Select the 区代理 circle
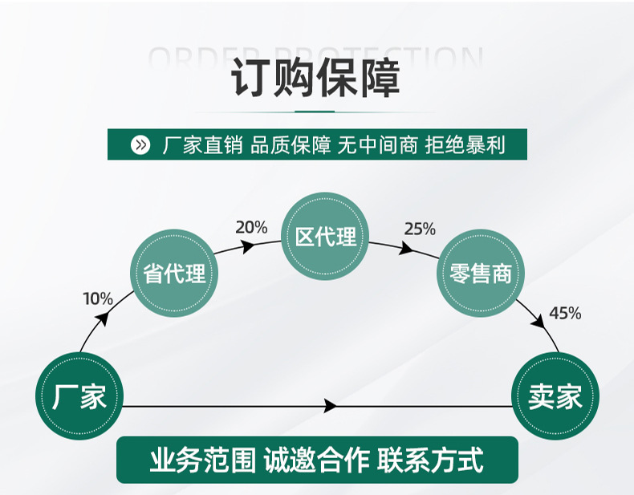point(325,237)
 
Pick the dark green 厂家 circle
point(79,396)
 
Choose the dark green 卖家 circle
point(555,396)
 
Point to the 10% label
point(98,299)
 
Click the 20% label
point(251,227)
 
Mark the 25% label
point(420,229)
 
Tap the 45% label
point(565,313)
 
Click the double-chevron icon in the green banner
point(140,145)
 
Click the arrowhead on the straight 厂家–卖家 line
point(330,407)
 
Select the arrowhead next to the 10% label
point(104,319)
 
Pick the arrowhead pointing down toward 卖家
point(540,320)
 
